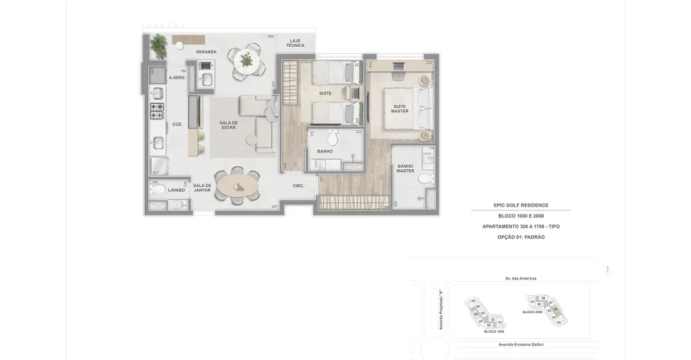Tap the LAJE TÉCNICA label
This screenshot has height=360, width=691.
(295, 43)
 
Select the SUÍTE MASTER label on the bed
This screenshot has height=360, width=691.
(399, 109)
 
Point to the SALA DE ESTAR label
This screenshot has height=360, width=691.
(228, 126)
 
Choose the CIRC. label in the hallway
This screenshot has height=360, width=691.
(299, 186)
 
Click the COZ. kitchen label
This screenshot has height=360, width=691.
(177, 124)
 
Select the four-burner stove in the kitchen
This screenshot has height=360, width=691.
(157, 110)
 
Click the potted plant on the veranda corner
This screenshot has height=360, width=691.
(158, 46)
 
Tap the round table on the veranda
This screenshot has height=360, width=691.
(247, 60)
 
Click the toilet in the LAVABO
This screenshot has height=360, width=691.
(160, 189)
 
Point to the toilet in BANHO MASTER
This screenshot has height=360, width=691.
(425, 179)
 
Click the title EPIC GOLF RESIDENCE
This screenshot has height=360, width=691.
(520, 205)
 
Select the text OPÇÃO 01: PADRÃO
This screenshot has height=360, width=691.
(520, 237)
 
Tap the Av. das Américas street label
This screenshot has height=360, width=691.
(520, 278)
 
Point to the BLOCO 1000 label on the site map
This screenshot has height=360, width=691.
(494, 332)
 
